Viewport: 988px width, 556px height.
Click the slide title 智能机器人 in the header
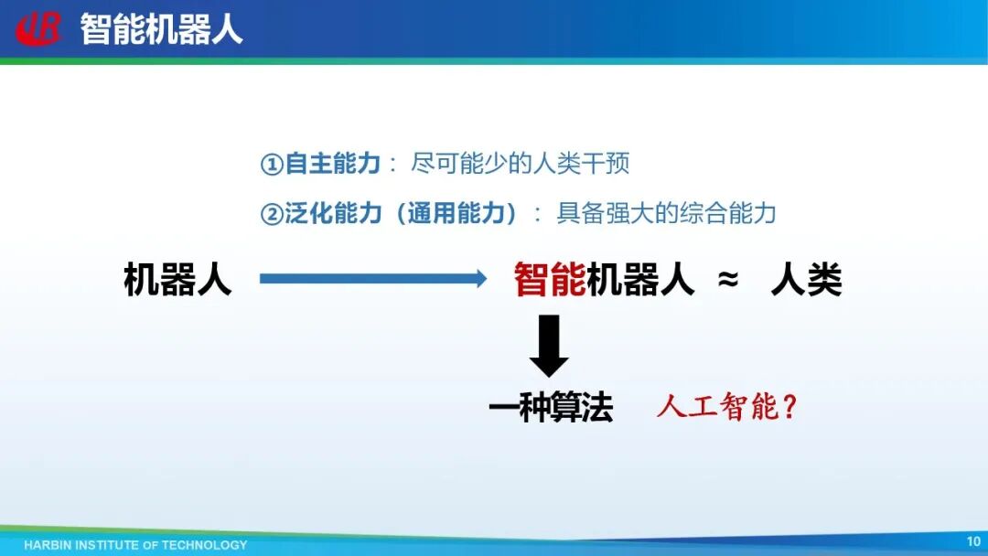tap(161, 29)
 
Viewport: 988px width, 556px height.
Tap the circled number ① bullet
tap(272, 165)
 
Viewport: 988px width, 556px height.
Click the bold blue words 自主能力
tap(333, 164)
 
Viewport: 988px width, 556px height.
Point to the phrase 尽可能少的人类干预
tap(520, 164)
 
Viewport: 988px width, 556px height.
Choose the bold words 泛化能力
tap(333, 213)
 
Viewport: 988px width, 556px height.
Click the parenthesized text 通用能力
tap(456, 213)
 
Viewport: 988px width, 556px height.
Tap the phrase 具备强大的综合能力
tap(666, 213)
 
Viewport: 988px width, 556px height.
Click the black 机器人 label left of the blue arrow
tap(177, 279)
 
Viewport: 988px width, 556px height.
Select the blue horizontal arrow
tap(373, 278)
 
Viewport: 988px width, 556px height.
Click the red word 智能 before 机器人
tap(550, 279)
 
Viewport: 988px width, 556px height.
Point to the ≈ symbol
tap(728, 279)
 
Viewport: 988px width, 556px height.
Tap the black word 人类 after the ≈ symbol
tap(807, 279)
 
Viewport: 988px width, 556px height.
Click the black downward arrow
tap(549, 346)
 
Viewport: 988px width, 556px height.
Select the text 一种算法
tap(551, 407)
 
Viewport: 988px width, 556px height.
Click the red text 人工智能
tap(718, 406)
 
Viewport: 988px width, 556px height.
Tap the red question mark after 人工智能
tap(789, 407)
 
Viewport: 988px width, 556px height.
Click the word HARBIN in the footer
tap(48, 545)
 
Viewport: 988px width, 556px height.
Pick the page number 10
tap(973, 540)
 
